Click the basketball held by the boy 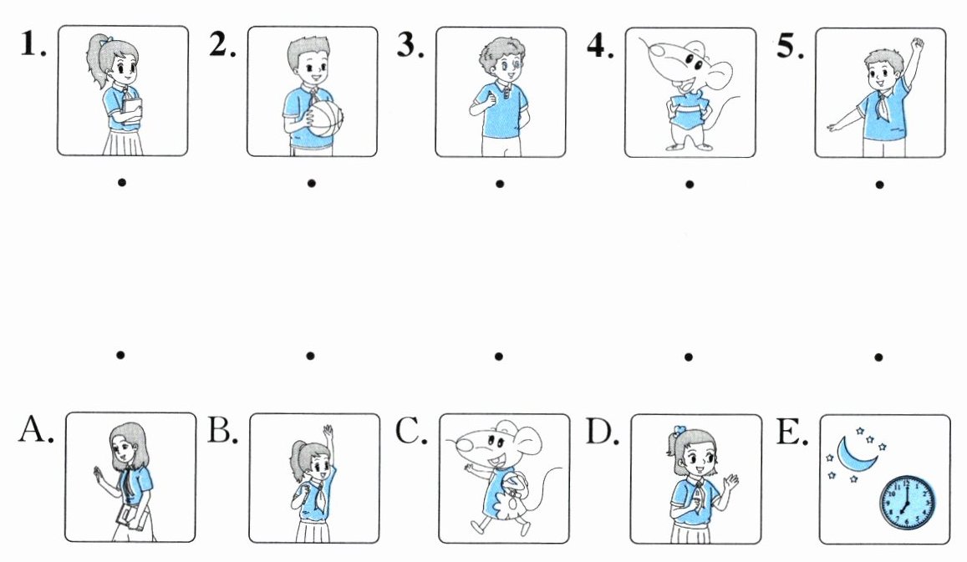pos(324,119)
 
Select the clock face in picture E pos(907,502)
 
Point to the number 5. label pos(790,46)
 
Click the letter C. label pos(411,431)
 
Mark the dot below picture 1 pos(122,182)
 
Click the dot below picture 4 pos(690,184)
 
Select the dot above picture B pos(310,355)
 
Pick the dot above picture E pos(878,357)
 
